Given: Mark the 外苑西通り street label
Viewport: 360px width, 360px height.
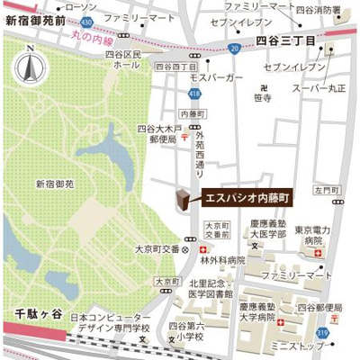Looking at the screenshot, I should (x=200, y=152).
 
